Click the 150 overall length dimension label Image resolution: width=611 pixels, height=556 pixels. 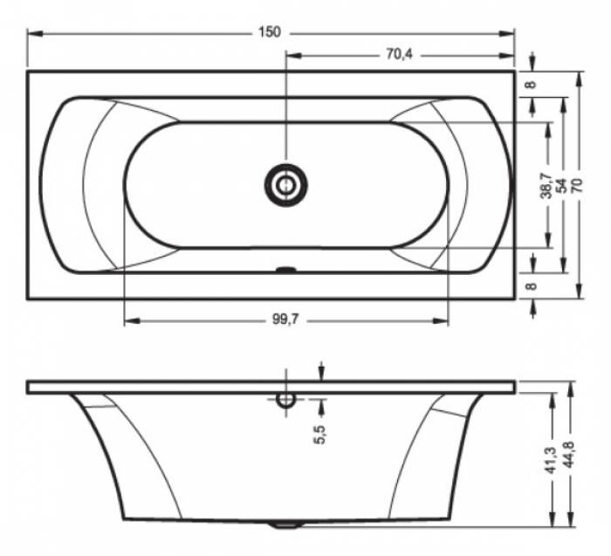[x=269, y=32]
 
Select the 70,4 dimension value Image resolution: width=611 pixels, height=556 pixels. [x=400, y=54]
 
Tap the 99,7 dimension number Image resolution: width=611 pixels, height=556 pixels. [x=285, y=319]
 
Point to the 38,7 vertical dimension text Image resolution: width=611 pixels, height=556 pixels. [x=546, y=187]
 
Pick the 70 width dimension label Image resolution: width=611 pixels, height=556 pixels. [x=577, y=185]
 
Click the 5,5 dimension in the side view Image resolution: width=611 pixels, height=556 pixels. [x=319, y=435]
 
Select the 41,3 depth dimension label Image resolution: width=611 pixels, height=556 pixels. [x=550, y=460]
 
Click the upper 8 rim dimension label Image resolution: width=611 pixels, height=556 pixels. [x=532, y=84]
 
